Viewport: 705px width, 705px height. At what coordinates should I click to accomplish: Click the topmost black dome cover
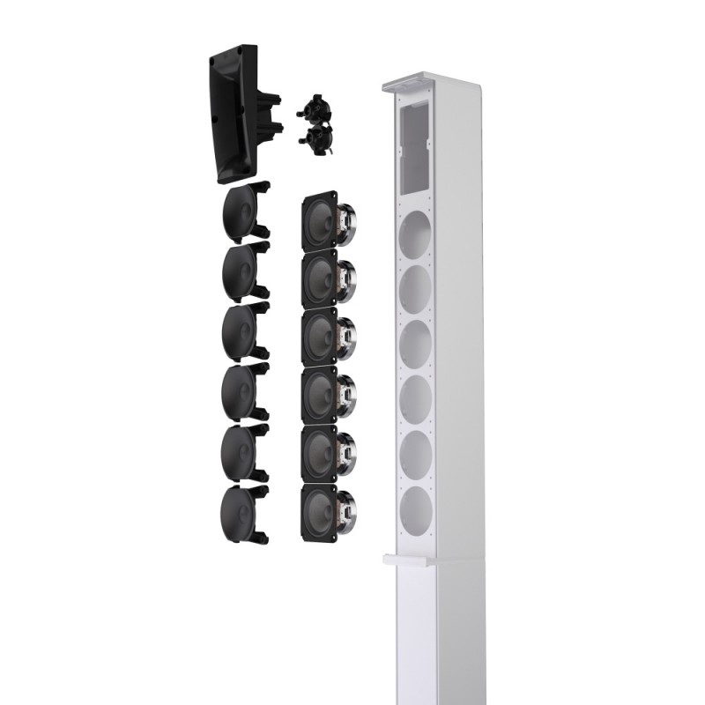pyautogui.click(x=240, y=212)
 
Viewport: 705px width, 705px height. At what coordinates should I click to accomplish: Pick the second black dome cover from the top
pyautogui.click(x=240, y=272)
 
